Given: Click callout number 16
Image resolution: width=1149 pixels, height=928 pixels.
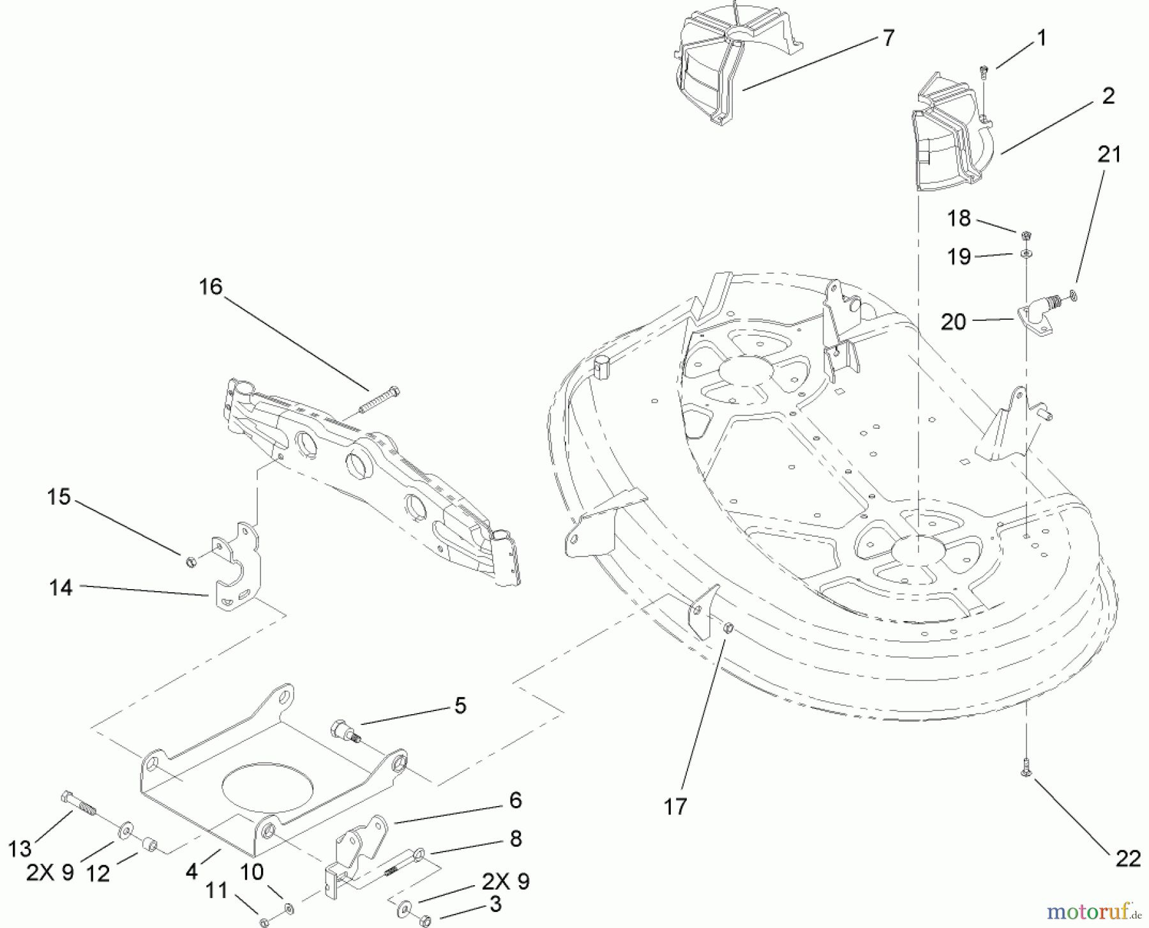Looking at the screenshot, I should tap(210, 287).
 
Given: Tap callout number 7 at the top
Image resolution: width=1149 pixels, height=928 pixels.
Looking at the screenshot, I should tap(889, 38).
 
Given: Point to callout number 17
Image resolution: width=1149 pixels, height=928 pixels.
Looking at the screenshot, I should tap(675, 807).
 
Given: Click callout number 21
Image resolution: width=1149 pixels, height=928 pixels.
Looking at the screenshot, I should tap(1109, 154).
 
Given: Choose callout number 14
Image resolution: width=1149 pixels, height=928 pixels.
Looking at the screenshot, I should tap(61, 587).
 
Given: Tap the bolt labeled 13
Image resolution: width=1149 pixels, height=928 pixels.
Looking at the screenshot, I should tap(79, 804).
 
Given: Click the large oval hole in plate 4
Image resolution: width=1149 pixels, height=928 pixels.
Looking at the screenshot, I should tap(267, 786).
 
